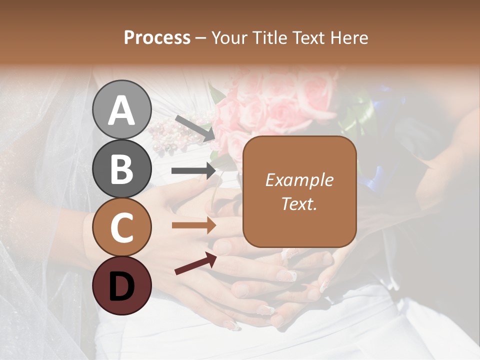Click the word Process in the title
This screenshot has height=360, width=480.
157,38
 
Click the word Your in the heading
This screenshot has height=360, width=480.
230,38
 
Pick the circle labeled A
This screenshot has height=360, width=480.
121,109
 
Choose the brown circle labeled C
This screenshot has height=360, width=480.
121,227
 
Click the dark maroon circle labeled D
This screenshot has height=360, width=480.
121,285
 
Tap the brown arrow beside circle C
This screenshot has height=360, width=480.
193,225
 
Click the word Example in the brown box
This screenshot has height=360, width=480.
299,180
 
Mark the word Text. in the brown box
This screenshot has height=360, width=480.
299,203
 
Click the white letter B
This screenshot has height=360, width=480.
121,168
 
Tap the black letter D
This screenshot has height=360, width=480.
121,286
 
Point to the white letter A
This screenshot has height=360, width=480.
121,110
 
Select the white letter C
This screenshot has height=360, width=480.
121,227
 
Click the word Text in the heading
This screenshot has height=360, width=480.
310,38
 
